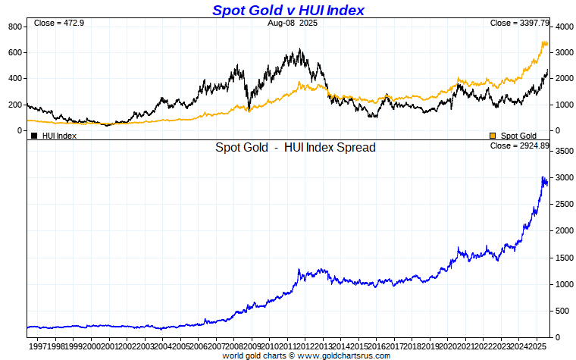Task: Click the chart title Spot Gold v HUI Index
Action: [288, 10]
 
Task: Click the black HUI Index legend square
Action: [34, 136]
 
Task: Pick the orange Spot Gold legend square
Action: [493, 136]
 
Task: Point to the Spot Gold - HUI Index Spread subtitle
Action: [295, 148]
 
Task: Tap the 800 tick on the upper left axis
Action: [15, 27]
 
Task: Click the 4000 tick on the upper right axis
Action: [564, 27]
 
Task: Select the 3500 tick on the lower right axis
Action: [564, 152]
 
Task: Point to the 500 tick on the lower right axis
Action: [562, 311]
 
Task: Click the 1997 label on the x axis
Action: [37, 346]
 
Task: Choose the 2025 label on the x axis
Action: [537, 346]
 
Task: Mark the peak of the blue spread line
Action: [543, 177]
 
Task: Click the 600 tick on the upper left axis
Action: [15, 52]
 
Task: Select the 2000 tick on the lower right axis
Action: [564, 231]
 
